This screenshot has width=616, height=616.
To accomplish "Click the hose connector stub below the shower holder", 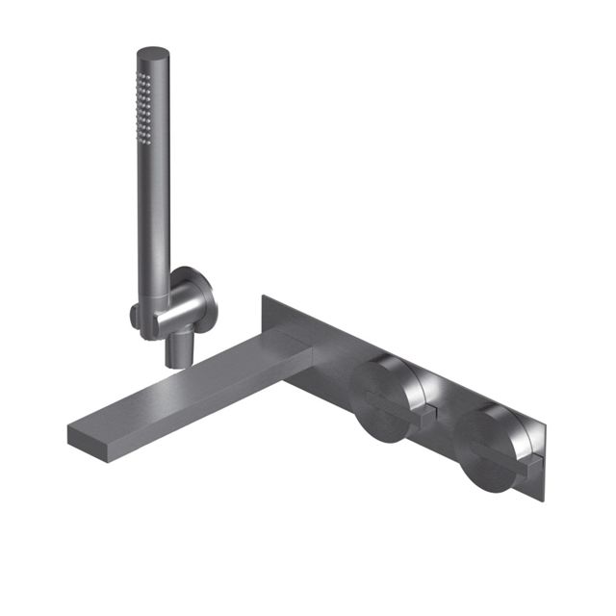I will (x=176, y=351).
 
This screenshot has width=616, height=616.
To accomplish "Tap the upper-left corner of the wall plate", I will (x=264, y=298).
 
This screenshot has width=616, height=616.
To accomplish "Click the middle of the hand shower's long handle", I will (x=158, y=192).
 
